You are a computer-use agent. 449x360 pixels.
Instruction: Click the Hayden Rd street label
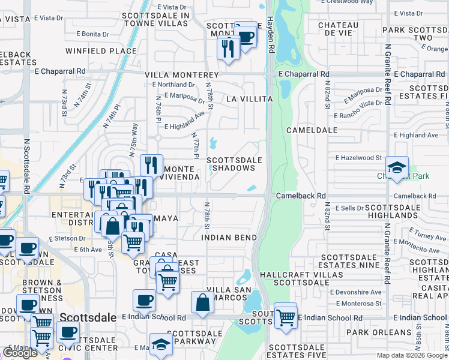pos(271,35)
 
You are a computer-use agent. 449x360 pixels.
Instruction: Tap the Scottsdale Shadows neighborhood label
pos(235,164)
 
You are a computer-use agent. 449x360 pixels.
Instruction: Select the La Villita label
pos(249,98)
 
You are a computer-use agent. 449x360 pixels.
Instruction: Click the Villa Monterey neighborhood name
pos(178,74)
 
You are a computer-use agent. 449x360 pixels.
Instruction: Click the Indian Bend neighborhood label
pos(225,237)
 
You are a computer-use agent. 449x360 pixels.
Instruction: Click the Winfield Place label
pos(101,51)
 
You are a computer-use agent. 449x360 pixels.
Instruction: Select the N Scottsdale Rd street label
pos(27,167)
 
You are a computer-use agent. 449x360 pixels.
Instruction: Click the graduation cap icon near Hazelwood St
pos(397,168)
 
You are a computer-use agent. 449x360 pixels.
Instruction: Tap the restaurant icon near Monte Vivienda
pos(151,165)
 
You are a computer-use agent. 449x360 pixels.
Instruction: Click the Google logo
pos(20,353)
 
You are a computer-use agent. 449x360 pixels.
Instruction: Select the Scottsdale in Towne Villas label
pos(157,19)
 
